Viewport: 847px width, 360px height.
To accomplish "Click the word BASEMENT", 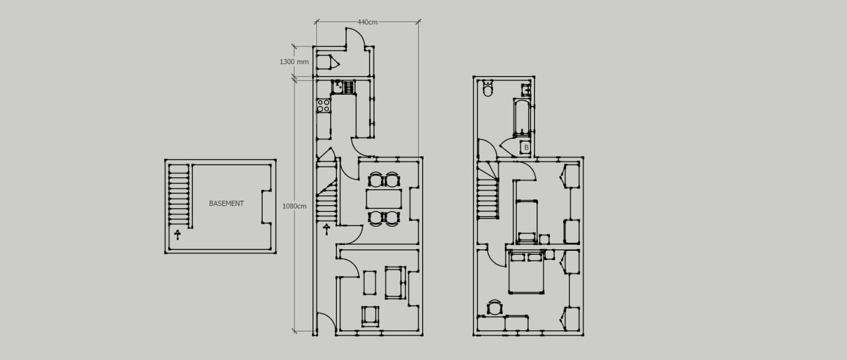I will [226, 204].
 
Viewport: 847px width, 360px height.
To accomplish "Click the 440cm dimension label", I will [367, 22].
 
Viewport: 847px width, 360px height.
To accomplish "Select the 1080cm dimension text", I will [294, 206].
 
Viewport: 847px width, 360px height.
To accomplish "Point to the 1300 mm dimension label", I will [294, 62].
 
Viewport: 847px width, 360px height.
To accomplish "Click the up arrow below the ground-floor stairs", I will [326, 229].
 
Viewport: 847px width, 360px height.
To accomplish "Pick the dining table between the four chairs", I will [384, 198].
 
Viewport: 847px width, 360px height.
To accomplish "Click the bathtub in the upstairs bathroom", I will [521, 116].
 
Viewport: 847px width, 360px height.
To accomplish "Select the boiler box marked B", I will [525, 148].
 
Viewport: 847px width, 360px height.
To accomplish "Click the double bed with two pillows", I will [527, 273].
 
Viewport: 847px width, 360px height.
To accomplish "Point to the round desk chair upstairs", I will [495, 308].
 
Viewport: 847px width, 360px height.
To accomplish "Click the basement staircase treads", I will [178, 195].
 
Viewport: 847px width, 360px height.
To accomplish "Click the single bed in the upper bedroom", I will [527, 218].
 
